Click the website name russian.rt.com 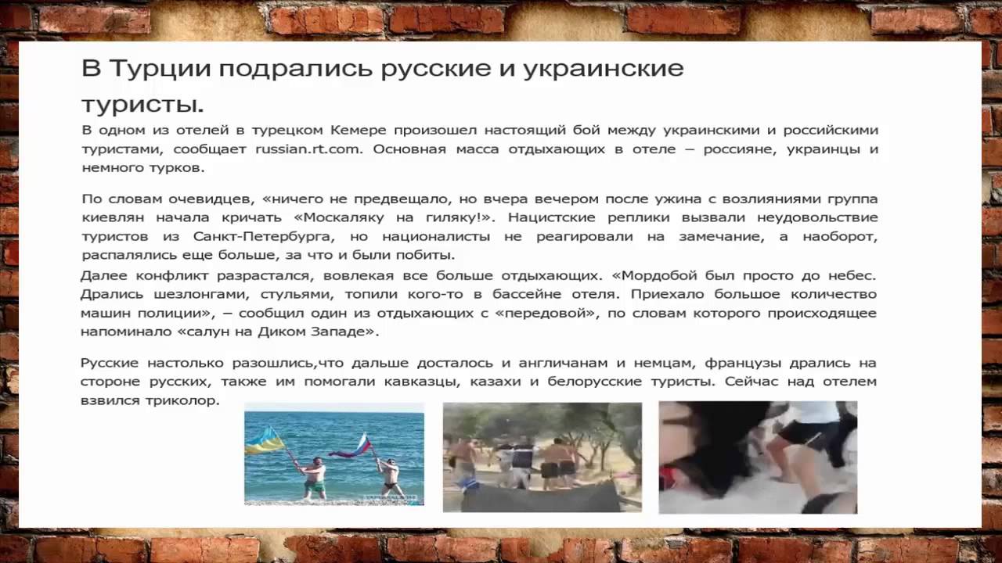(308, 149)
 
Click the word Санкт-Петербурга (265, 236)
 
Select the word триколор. (182, 401)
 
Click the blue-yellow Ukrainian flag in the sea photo (265, 442)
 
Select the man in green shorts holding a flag (315, 478)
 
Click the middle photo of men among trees (542, 457)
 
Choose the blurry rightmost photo (758, 457)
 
